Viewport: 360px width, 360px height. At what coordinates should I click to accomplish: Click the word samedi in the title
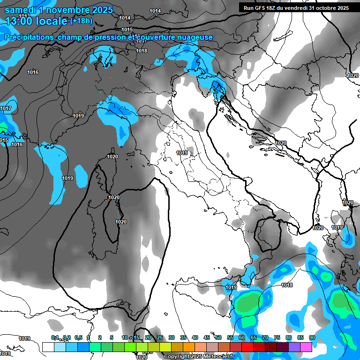point(21,10)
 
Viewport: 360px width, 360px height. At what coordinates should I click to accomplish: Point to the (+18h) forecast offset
point(81,21)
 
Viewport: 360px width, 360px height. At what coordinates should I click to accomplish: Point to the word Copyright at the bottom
point(178,357)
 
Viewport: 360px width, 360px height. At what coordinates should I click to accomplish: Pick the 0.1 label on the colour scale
point(55,338)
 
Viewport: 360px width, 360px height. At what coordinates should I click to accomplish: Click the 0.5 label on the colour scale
point(78,338)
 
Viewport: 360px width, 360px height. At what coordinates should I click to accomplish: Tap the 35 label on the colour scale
point(183,338)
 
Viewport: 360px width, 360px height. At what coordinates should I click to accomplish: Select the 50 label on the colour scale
point(218,338)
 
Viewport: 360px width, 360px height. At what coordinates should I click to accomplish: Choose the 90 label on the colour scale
point(312,338)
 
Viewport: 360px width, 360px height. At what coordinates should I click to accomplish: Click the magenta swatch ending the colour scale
point(306,347)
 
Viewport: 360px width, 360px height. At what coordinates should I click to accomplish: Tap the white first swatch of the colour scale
point(48,347)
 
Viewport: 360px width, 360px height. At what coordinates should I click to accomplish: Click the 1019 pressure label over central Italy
point(182,153)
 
